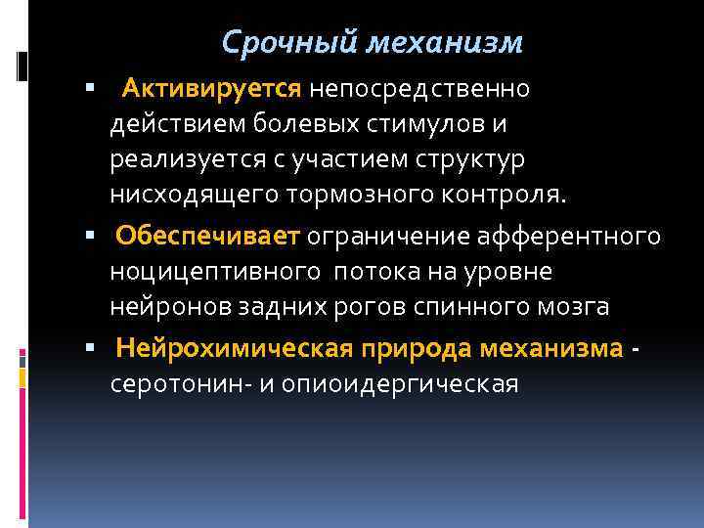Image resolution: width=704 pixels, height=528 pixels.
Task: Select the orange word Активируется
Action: [x=209, y=90]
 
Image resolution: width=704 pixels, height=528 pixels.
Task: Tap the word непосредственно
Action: [x=419, y=90]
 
